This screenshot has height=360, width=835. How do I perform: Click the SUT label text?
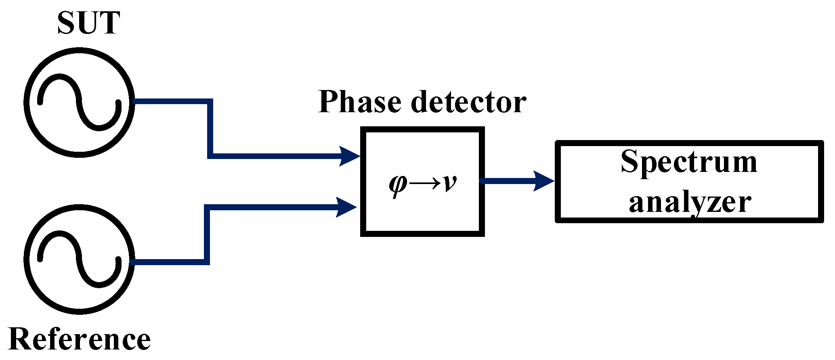coord(89,23)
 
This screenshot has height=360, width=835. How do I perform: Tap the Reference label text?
coord(79,339)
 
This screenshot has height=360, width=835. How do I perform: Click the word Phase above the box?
coord(360,102)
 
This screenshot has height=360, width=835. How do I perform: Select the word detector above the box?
coord(468,102)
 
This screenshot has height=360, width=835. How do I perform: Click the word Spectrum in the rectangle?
coord(689,162)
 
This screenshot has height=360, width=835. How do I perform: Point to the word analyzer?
coord(690,202)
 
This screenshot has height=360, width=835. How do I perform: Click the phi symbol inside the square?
coord(398,185)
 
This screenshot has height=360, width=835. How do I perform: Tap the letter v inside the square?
coord(449,184)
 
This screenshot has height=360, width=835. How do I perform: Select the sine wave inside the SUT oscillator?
coord(80,102)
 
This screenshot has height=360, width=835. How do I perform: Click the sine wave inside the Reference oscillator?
coord(80,259)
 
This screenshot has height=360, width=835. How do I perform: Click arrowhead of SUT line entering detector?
coord(350,156)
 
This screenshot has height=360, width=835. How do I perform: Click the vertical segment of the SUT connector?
coord(210,128)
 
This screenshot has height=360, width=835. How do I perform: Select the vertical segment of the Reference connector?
coord(207,235)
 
